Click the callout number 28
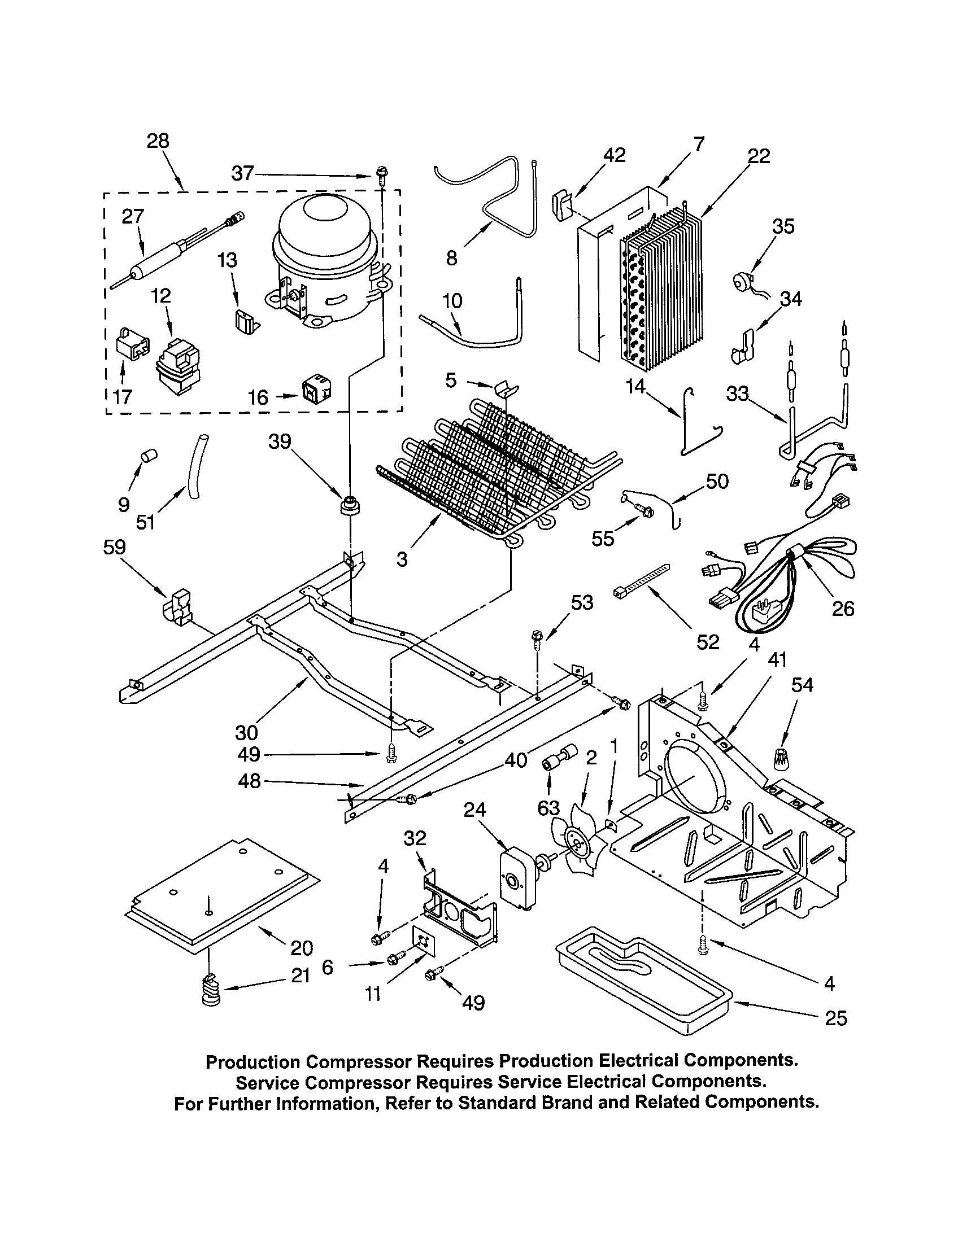tap(158, 141)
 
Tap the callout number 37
tap(242, 173)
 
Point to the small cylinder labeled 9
tap(149, 455)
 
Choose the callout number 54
tap(802, 685)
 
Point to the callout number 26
tap(843, 609)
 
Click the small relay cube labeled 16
tap(316, 388)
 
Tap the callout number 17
tap(122, 397)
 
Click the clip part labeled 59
tap(176, 608)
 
